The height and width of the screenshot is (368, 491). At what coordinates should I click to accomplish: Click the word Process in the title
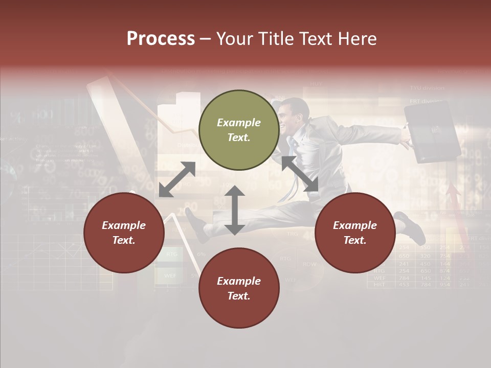point(161,39)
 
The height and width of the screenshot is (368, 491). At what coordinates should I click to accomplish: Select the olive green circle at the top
point(239,130)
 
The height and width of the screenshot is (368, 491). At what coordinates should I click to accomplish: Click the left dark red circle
point(124,233)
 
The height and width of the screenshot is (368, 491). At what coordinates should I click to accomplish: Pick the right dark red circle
point(354,233)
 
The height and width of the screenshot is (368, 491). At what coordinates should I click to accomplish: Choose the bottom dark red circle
point(239,288)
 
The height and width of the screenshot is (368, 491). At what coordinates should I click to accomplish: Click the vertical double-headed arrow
point(234,210)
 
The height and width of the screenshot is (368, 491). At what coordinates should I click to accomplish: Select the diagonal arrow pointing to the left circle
point(177,179)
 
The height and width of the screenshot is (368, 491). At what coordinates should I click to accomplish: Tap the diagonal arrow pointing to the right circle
point(300,174)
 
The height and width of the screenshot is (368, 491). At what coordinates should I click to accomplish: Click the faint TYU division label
point(427,88)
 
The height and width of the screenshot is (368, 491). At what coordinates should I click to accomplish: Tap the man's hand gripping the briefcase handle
point(407,139)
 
